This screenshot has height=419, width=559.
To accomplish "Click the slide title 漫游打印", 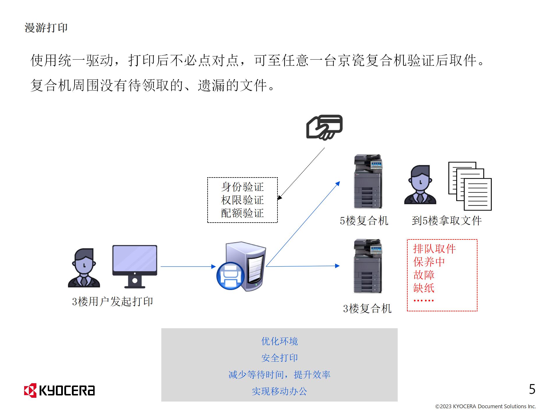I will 46,28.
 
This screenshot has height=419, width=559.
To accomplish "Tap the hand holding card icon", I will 324,127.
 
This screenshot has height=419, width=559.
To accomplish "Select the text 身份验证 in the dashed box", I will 242,187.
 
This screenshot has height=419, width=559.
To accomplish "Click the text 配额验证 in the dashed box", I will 242,213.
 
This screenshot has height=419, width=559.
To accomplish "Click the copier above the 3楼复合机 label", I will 368,266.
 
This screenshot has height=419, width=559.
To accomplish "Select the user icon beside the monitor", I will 84,268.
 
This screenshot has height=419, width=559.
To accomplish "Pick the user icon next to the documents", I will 420,184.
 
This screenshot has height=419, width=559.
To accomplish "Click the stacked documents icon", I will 470,186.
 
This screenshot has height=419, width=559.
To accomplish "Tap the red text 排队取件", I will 434,249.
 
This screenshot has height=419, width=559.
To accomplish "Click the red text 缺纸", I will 424,288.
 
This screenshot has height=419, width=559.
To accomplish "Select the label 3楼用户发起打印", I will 112,301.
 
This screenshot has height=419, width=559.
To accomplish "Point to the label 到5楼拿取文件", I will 447,221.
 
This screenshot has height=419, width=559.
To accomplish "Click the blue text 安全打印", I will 279,358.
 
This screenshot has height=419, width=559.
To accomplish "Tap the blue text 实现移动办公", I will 279,391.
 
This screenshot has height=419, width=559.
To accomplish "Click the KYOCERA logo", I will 59,390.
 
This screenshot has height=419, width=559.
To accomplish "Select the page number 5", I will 532,389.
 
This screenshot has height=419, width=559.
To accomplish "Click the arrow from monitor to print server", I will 188,266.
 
